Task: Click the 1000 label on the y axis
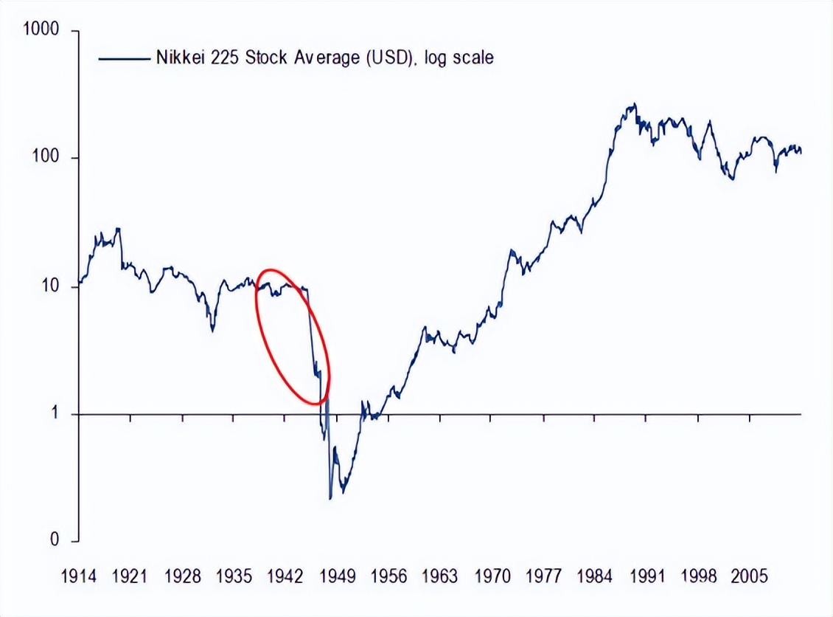pos(42,30)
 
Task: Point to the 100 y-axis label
pos(46,159)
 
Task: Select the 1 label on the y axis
pos(55,414)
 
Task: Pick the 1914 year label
pos(79,576)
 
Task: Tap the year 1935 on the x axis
pos(234,576)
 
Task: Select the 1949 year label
pos(337,576)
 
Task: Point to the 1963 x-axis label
pos(440,576)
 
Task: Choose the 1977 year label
pos(543,576)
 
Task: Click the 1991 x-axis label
pos(646,576)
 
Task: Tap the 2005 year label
pos(750,576)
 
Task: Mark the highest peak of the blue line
pos(633,104)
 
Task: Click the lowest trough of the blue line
pos(330,499)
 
